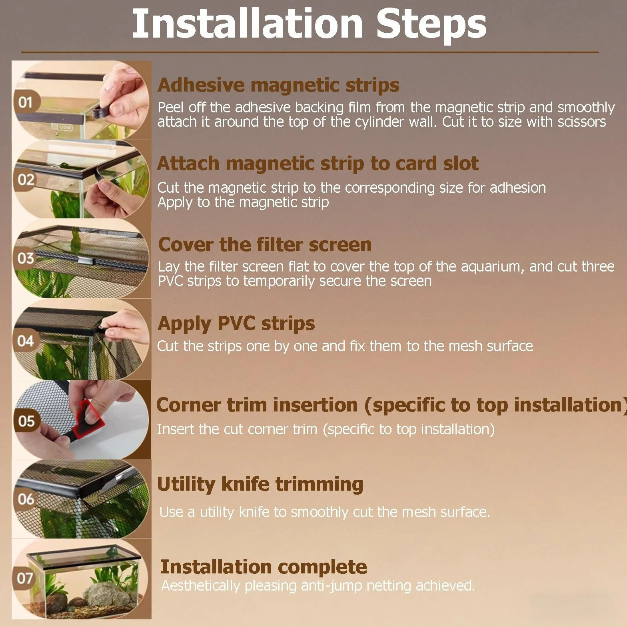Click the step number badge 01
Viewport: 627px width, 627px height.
[26, 102]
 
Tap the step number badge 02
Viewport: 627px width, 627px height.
[26, 180]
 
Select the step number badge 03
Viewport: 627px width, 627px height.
[26, 258]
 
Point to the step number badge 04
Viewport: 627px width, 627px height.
[26, 341]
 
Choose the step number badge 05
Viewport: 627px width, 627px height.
[26, 421]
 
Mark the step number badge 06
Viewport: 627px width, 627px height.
[26, 499]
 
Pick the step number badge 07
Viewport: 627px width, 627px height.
[25, 578]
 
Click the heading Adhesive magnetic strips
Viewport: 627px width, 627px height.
[278, 85]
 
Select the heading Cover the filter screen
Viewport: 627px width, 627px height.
[265, 244]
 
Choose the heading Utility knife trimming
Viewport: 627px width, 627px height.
[260, 484]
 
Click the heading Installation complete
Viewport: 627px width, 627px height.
[264, 567]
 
